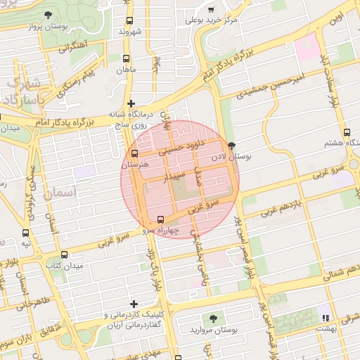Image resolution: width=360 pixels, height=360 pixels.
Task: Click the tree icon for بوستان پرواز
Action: pos(48,15)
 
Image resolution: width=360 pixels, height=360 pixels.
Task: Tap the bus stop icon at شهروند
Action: pos(129,21)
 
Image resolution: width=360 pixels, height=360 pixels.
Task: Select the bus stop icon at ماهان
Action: pos(126,59)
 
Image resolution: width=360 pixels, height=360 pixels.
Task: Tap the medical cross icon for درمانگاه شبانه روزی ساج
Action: pos(131,103)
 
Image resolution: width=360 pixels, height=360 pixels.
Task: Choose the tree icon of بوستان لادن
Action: pos(232,146)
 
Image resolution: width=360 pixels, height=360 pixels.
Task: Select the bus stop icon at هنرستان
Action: pos(135,154)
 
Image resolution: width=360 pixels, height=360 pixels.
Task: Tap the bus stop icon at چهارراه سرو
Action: pos(162,219)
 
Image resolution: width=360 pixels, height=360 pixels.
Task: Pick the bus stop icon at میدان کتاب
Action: pos(65,255)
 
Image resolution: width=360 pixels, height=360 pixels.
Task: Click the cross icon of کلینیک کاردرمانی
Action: pos(124,304)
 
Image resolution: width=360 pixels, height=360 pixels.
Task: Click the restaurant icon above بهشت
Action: pos(324,310)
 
